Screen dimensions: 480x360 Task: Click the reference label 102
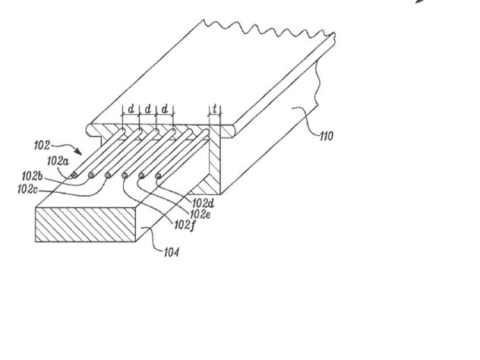[x=42, y=145]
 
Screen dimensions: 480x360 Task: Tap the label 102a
[x=58, y=161]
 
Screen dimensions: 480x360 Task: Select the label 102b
[x=32, y=176]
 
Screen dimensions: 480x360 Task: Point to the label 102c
[x=27, y=189]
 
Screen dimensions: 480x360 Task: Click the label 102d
[x=203, y=204]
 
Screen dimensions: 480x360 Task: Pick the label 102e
[x=201, y=214]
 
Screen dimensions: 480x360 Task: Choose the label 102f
[x=185, y=226]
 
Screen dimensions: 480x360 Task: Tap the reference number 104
[x=172, y=253]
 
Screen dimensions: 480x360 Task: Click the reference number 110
[x=327, y=136]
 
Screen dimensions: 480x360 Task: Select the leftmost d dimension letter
[x=131, y=109]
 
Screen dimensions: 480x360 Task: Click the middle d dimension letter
[x=148, y=109]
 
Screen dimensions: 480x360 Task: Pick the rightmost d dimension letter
[x=165, y=109]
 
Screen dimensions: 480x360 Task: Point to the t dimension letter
[x=215, y=109]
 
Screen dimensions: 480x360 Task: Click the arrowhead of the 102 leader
[x=79, y=152]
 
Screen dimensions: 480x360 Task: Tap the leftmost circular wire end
[x=74, y=175]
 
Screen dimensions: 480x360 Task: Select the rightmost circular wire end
[x=158, y=175]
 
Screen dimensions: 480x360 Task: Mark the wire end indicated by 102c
[x=108, y=175]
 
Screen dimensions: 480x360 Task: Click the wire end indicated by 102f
[x=125, y=175]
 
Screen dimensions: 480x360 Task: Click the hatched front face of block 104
[x=85, y=225]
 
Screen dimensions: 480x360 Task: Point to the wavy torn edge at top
[x=270, y=30]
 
